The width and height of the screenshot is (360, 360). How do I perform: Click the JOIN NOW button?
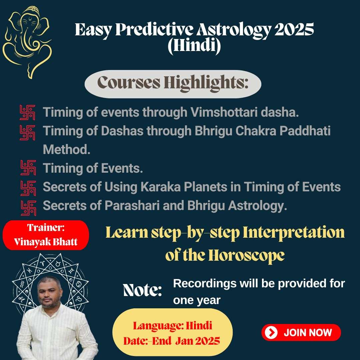301,332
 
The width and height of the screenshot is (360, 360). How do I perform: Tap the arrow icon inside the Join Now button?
271,332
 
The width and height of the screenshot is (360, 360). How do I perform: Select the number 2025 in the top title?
294,30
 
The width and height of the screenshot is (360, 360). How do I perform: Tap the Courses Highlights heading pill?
173,84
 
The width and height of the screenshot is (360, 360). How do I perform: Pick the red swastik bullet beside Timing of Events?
28,168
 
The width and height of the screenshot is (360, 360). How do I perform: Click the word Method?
67,149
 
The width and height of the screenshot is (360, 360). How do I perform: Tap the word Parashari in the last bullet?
132,205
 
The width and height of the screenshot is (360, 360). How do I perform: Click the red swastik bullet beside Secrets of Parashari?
28,208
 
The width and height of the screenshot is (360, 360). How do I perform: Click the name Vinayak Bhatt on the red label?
45,242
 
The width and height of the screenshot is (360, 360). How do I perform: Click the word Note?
143,290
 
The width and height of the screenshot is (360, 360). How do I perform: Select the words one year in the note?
197,300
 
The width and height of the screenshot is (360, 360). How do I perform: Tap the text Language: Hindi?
172,326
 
